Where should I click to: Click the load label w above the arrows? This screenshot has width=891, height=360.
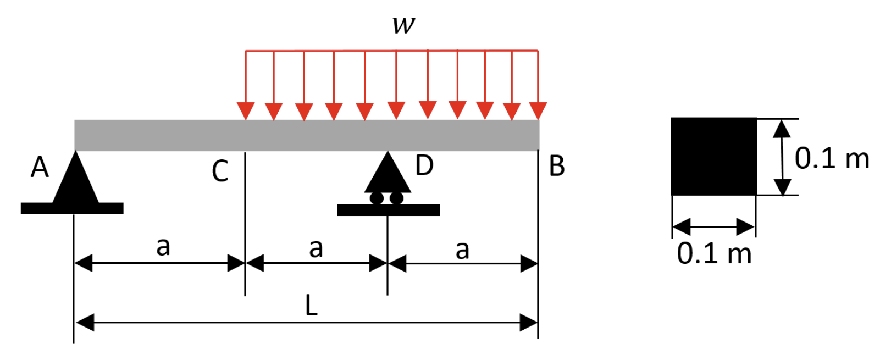404,25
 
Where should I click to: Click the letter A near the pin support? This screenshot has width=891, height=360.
40,167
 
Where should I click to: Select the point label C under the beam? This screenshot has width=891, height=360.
220,171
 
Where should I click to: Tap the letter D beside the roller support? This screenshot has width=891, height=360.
424,165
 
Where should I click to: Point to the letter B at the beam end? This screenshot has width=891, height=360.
556,167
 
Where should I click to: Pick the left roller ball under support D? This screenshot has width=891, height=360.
377,198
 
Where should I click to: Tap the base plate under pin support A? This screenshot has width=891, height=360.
72,208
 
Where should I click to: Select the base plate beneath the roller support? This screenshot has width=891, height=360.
388,210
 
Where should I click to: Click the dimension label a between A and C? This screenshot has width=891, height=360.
163,247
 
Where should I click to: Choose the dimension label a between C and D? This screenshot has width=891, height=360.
316,248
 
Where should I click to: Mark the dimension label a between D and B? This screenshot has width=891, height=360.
462,250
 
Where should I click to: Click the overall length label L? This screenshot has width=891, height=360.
311,306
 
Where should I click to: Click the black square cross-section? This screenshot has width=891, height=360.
713,156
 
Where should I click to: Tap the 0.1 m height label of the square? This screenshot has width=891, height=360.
832,159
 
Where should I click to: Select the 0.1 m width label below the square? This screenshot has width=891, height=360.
714,254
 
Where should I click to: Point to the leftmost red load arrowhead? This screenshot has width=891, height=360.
246,110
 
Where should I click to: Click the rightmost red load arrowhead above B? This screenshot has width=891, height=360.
538,110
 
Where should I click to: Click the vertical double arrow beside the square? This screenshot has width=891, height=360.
782,157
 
